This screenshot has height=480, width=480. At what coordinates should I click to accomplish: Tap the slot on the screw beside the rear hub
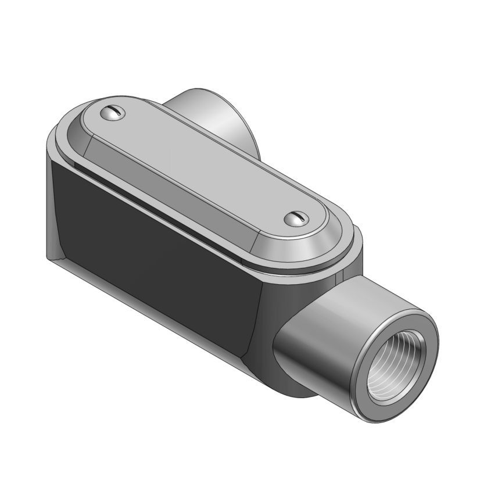click(x=113, y=112)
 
